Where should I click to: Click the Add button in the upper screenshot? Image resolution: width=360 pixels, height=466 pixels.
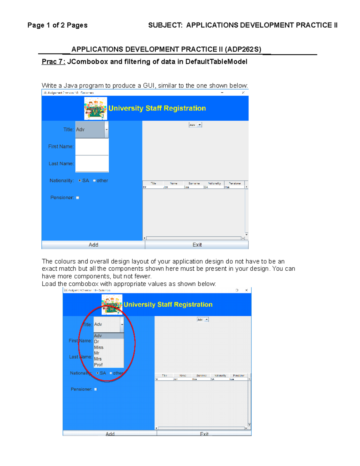(x=93, y=245)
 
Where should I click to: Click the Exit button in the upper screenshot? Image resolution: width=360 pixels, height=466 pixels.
(x=197, y=245)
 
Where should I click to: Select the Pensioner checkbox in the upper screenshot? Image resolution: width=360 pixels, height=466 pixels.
(x=78, y=198)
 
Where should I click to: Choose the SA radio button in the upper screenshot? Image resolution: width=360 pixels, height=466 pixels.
(x=80, y=181)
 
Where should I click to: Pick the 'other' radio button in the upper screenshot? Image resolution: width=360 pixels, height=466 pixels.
(x=94, y=181)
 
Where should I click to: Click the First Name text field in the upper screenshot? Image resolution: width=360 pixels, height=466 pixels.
(x=92, y=147)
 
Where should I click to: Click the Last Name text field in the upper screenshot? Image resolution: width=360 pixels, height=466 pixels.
(x=92, y=164)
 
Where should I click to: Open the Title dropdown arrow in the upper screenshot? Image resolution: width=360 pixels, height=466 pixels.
(x=106, y=130)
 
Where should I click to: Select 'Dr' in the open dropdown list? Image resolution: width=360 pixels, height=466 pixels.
(x=97, y=341)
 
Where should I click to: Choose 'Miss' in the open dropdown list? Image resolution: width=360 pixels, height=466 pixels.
(x=99, y=347)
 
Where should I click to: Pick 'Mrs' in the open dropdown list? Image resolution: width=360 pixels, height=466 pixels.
(x=98, y=359)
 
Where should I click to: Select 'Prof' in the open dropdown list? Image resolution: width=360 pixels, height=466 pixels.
(x=98, y=365)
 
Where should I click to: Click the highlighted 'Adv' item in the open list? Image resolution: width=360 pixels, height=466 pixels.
(x=98, y=336)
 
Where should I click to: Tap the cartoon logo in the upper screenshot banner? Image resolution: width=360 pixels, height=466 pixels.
(x=95, y=108)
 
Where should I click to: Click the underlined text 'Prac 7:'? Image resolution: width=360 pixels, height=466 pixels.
(x=53, y=62)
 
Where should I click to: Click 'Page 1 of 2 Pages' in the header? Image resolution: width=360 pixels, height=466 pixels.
(x=57, y=25)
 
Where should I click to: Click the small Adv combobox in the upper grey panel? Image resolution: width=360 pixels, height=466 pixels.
(x=195, y=125)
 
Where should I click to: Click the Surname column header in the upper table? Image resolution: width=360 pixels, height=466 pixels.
(x=194, y=183)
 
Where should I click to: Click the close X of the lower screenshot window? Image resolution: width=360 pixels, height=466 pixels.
(x=246, y=290)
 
